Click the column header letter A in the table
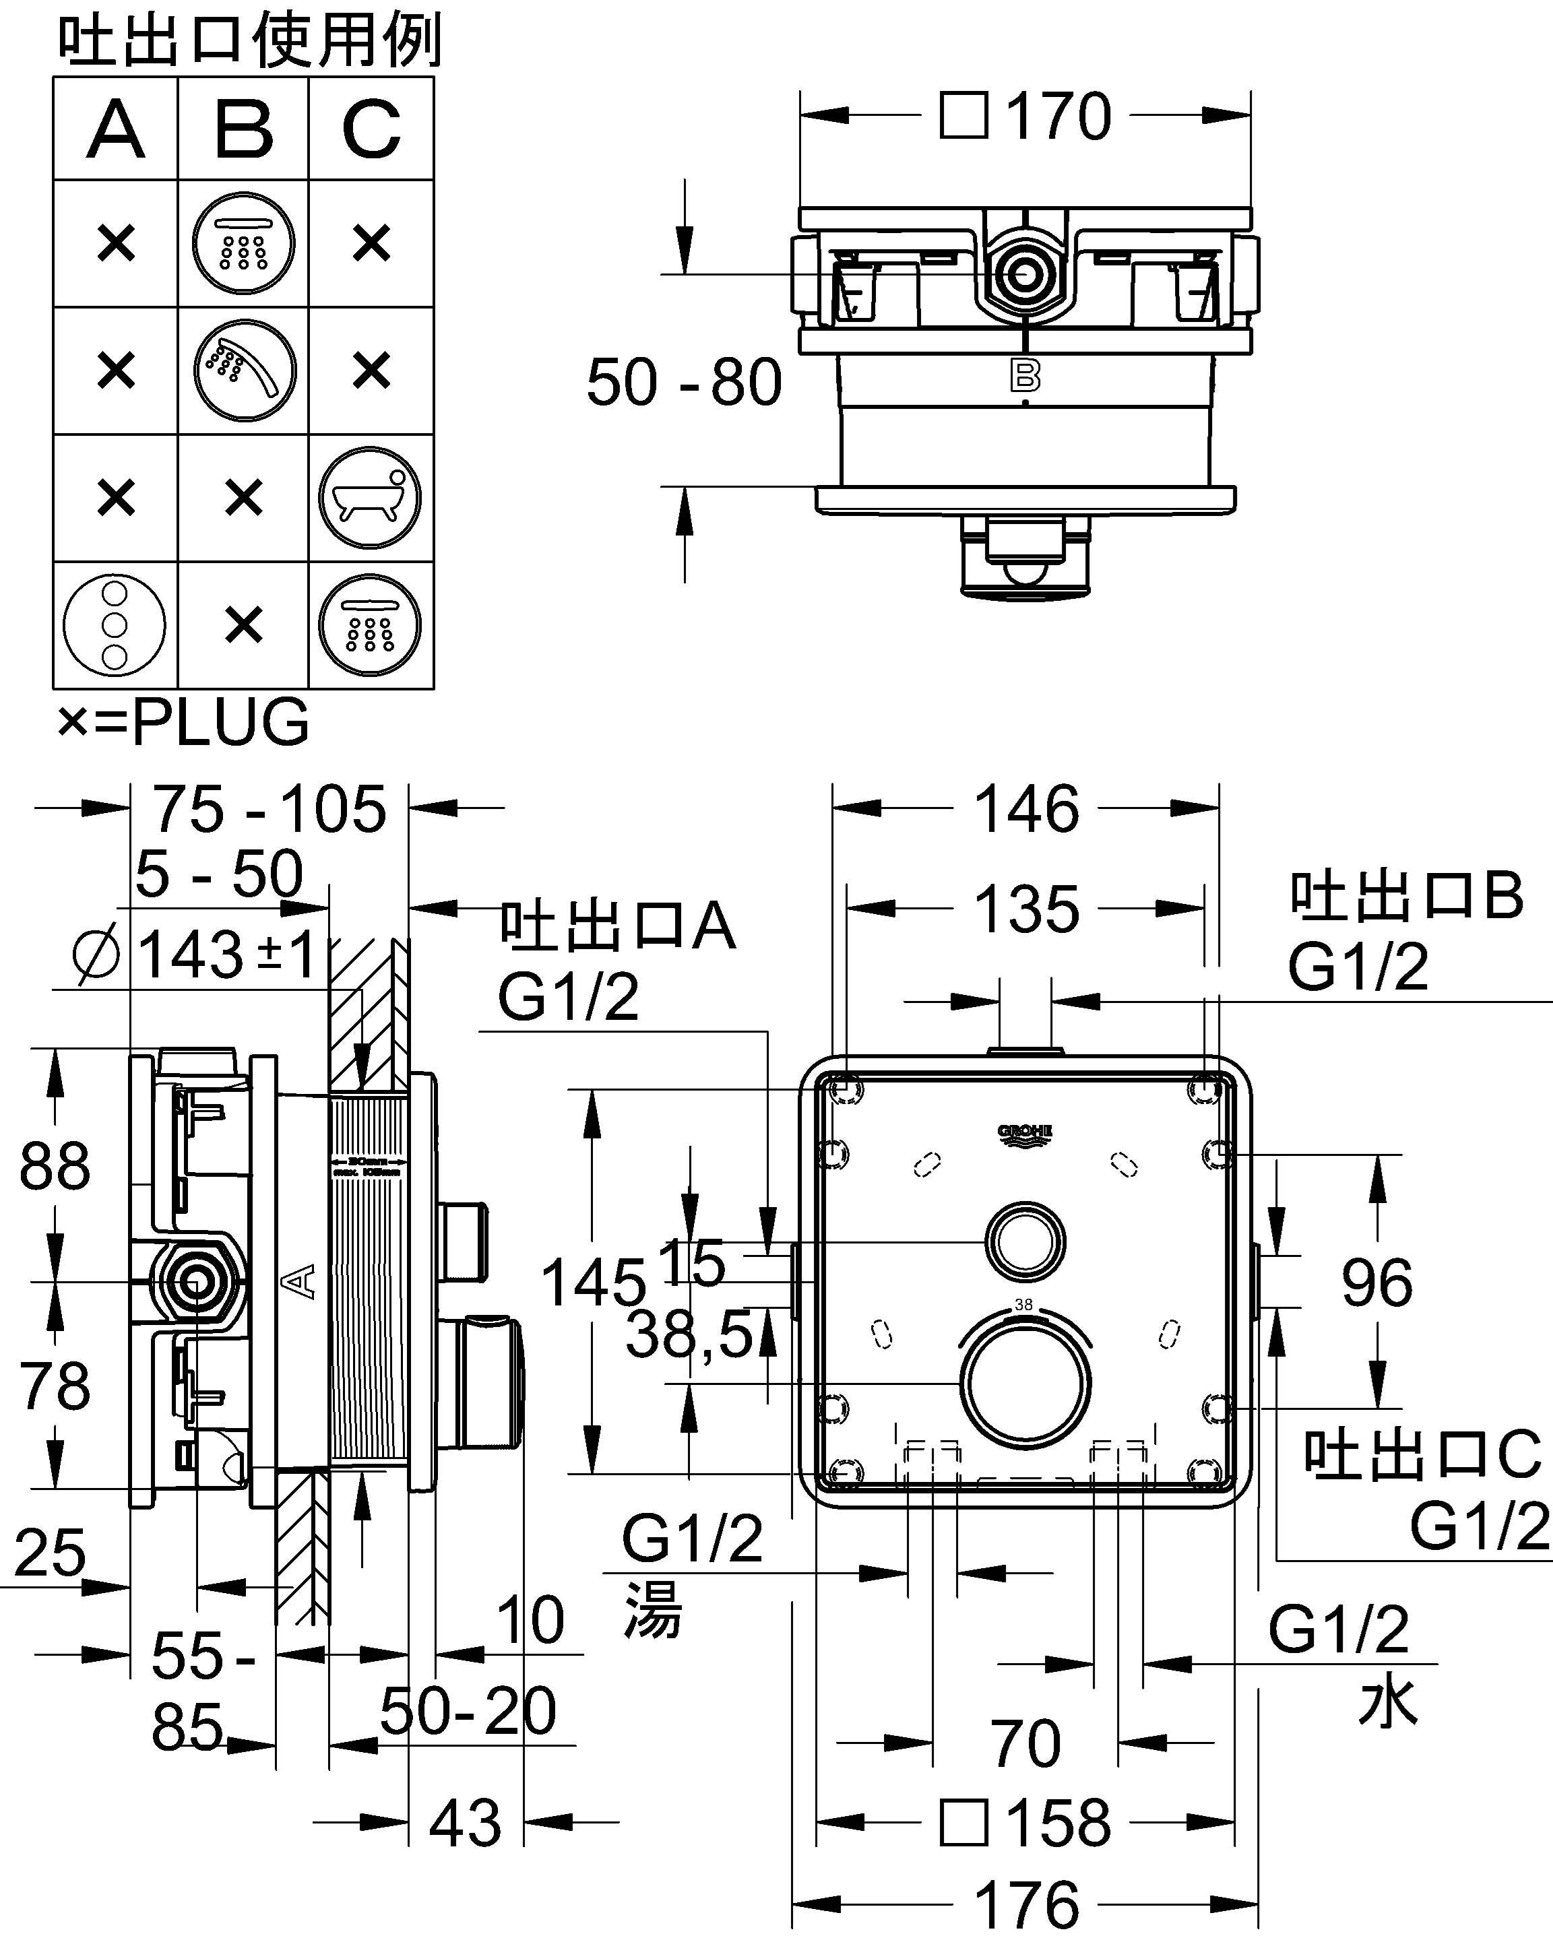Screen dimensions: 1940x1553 tap(115, 129)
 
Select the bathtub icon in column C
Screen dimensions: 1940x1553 tap(370, 498)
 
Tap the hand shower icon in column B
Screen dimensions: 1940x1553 tap(244, 370)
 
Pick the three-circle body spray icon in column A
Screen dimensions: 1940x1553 tap(115, 624)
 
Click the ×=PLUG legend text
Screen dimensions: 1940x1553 tap(183, 721)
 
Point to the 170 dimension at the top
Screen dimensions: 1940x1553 tap(1057, 117)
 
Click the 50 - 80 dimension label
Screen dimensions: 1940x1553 tap(684, 383)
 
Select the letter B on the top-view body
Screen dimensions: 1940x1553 tap(1025, 375)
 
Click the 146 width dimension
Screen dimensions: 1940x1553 tap(1027, 809)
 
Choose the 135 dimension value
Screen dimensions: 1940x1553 tap(1027, 909)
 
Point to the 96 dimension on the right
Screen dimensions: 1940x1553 tap(1376, 1283)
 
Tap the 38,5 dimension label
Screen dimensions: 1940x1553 tap(689, 1334)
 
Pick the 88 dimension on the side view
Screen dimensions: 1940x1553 tap(55, 1167)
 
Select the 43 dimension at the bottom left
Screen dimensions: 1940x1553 tap(465, 1824)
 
